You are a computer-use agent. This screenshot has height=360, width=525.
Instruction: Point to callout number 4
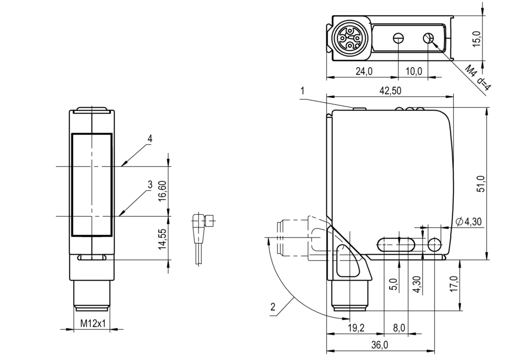(150, 139)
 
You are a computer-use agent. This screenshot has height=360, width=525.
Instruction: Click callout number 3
(150, 185)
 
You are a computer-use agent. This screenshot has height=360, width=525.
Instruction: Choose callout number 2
(272, 307)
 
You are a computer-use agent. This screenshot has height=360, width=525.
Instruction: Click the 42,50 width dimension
(389, 91)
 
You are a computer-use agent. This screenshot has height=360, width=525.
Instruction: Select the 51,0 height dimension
(481, 183)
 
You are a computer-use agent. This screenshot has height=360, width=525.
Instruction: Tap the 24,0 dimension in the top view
(364, 72)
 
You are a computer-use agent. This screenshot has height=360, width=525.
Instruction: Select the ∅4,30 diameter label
(468, 221)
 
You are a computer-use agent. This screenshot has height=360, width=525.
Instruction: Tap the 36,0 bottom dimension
(380, 345)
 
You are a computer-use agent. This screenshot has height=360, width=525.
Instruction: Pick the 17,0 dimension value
(453, 284)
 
